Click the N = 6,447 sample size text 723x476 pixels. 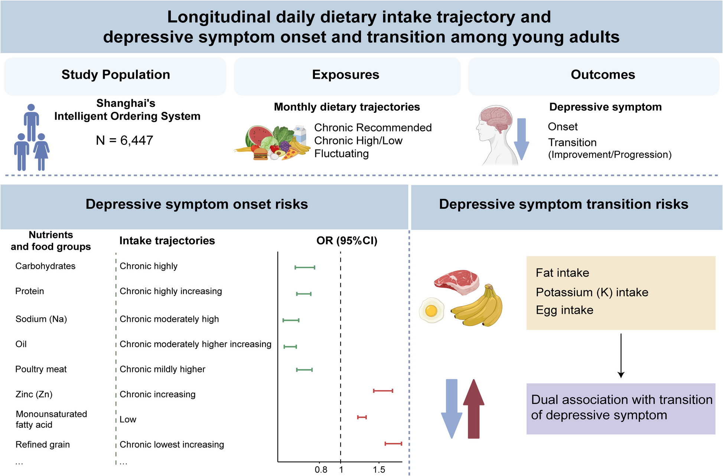124,140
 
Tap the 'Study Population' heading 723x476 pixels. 115,75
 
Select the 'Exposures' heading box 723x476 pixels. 346,75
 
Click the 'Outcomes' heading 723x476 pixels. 603,75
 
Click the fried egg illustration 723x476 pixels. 431,310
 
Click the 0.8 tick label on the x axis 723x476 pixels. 321,470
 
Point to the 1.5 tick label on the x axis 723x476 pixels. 379,470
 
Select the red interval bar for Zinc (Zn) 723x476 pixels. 383,391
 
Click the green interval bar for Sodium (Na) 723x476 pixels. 291,320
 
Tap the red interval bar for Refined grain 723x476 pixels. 393,444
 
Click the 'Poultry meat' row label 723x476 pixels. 41,369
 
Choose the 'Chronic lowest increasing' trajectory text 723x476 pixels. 172,444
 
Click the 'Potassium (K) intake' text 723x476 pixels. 592,292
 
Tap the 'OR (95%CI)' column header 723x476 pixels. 346,241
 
